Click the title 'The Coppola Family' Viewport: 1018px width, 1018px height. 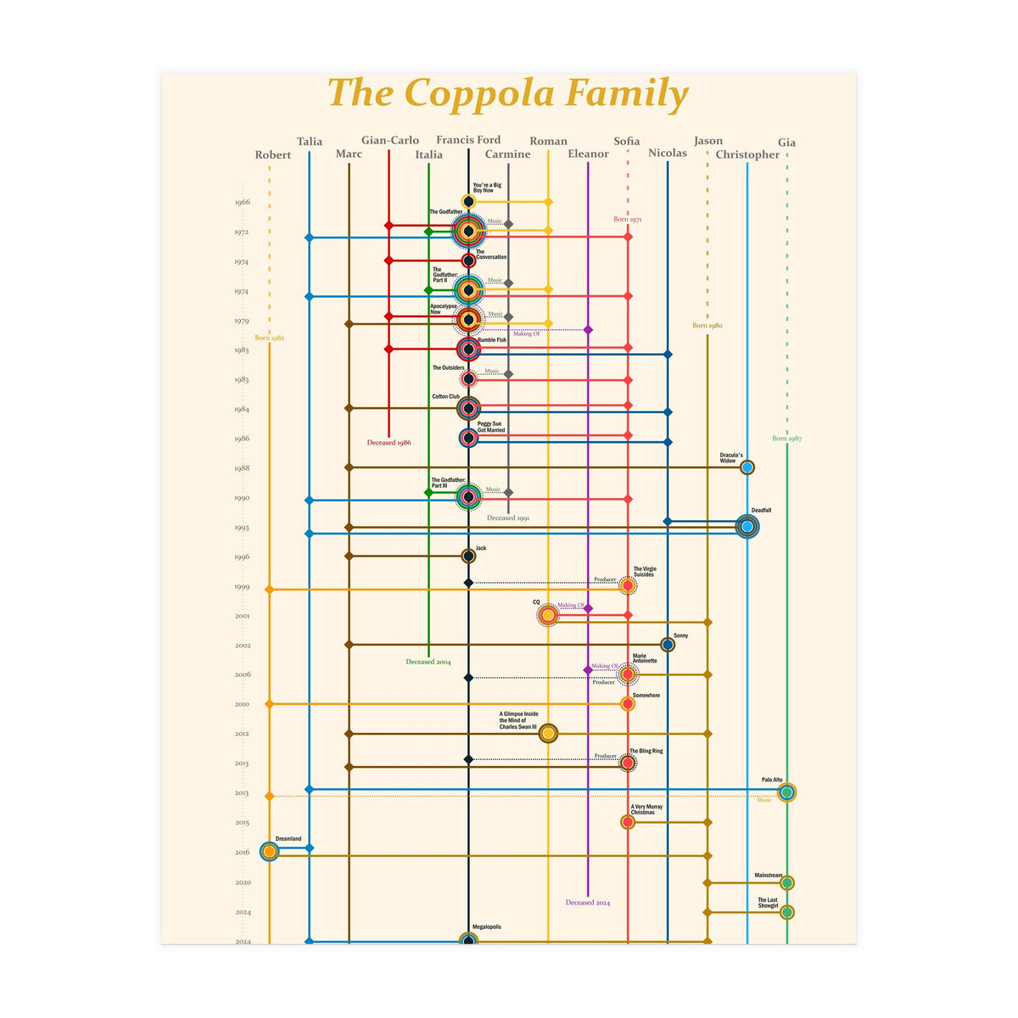(x=508, y=93)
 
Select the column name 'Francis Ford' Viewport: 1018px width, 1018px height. (x=468, y=140)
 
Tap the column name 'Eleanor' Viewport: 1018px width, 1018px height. (x=588, y=154)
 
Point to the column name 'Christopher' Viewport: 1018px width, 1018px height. (x=747, y=154)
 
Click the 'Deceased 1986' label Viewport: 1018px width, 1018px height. (x=389, y=443)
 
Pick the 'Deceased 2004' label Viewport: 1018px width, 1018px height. (x=428, y=662)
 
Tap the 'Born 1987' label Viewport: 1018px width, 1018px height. (x=786, y=439)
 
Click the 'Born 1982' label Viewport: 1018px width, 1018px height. (x=270, y=338)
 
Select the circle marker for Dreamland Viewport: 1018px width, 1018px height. (x=269, y=851)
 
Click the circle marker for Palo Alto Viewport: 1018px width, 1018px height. (x=786, y=792)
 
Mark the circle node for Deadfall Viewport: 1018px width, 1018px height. (x=747, y=527)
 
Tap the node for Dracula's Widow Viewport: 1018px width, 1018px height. (x=747, y=467)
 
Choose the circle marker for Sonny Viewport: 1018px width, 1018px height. (x=668, y=645)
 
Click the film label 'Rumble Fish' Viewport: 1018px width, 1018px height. (x=492, y=340)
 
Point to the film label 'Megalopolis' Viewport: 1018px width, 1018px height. (x=486, y=927)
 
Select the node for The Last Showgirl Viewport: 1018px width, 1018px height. (x=786, y=913)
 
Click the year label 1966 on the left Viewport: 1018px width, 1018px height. (x=243, y=203)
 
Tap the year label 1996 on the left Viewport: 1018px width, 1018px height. (x=243, y=557)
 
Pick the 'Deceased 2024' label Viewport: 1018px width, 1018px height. (x=588, y=903)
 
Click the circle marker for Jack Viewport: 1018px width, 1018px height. (x=468, y=557)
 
